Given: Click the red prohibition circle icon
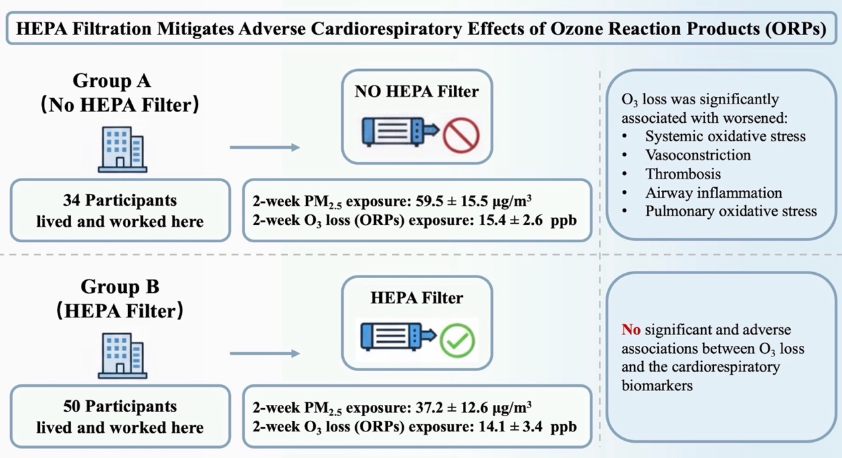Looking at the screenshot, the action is click(461, 135).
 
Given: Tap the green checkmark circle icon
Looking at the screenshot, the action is click(457, 341).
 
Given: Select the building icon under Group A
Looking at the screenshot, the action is click(123, 149).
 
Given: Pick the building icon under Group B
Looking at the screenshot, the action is click(123, 355).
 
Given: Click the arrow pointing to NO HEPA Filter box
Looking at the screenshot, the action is click(265, 147).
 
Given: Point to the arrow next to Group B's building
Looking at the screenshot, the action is click(265, 353).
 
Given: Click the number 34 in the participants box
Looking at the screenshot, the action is click(72, 200).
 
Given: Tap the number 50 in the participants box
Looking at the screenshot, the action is click(72, 406).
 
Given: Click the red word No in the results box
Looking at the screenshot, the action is click(631, 329).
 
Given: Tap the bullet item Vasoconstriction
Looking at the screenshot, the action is click(698, 155).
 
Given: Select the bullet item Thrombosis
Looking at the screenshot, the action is click(683, 174).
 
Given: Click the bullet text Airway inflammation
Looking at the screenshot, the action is click(714, 192).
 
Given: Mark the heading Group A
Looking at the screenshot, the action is click(112, 80).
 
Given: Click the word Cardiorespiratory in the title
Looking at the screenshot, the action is click(386, 29).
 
